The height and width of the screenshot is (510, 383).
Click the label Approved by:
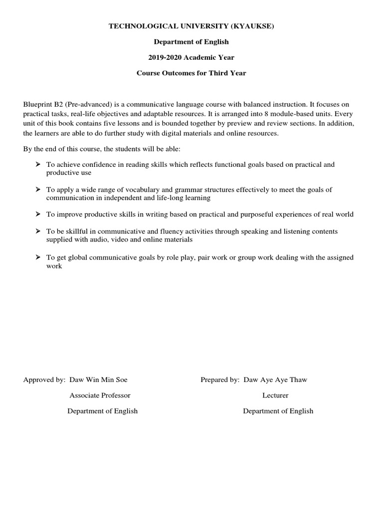point(44,380)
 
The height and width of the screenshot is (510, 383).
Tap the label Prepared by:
point(220,380)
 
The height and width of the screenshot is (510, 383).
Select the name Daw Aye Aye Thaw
point(276,380)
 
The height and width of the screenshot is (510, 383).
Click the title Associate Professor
point(100,395)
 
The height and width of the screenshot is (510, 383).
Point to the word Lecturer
point(275,395)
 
